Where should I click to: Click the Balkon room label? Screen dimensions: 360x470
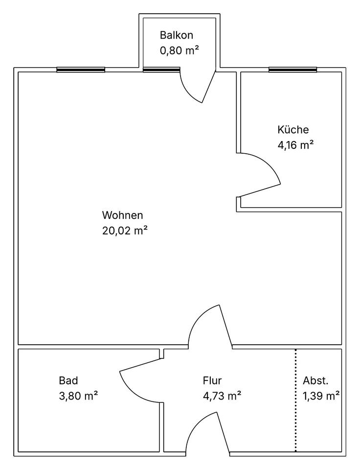tap(177, 35)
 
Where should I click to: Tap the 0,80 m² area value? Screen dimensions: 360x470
tap(180, 50)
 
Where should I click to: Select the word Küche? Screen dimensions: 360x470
tap(293, 130)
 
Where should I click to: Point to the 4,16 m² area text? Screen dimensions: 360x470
tap(295, 145)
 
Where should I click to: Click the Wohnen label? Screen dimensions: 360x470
tap(122, 215)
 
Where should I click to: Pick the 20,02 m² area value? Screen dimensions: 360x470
tap(125, 231)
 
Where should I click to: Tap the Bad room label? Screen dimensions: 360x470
tap(68, 380)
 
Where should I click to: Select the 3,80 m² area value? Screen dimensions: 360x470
tap(78, 396)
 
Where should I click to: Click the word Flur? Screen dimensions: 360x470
tap(212, 380)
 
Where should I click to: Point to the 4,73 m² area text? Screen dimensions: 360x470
tap(222, 396)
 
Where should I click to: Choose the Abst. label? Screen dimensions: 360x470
tap(315, 380)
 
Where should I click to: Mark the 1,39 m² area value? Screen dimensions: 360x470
tap(321, 396)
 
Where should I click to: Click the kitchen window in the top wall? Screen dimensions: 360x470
tap(292, 70)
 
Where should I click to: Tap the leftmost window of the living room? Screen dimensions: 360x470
tap(81, 70)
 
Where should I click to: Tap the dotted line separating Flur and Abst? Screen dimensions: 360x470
tap(295, 400)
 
